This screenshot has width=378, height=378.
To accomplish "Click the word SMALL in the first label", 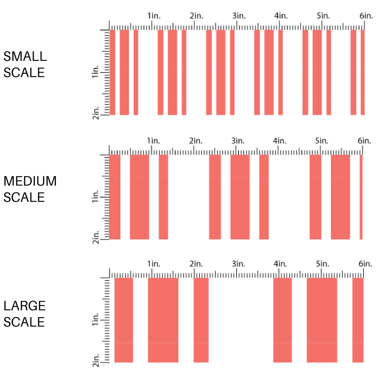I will click(25, 57).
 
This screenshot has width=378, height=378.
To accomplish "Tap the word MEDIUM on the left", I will click(30, 181).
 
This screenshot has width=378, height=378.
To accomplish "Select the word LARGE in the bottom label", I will click(25, 306).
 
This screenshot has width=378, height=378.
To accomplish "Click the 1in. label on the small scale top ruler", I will click(154, 16).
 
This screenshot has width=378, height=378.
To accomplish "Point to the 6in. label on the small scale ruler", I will click(366, 16).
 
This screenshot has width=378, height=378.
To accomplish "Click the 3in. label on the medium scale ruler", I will click(238, 141).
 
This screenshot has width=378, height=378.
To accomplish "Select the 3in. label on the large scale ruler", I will click(238, 263).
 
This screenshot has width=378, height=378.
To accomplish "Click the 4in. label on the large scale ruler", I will click(280, 263).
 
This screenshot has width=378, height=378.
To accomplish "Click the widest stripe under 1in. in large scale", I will click(163, 320).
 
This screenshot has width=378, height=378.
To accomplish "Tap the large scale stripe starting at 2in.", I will click(201, 320).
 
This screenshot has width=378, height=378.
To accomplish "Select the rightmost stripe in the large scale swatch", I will click(358, 320).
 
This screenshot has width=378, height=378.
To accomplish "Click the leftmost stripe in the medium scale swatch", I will click(115, 197).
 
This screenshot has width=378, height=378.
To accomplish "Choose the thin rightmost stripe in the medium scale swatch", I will click(361, 197).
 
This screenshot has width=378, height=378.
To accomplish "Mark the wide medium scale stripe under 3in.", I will click(240, 197).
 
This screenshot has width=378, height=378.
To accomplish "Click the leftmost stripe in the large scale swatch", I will click(124, 320).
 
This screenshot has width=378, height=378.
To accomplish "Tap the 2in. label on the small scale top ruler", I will click(197, 16).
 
